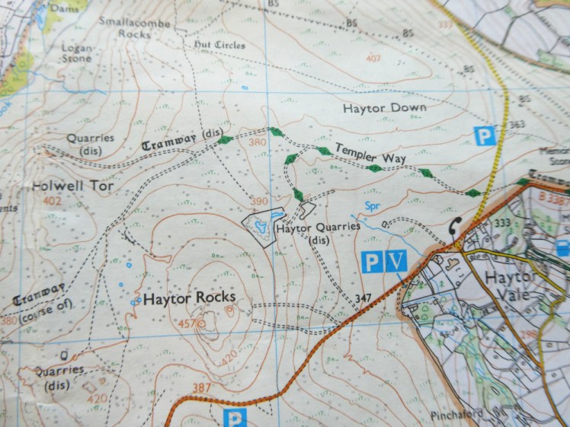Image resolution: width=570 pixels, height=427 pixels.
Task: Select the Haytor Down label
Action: [x=384, y=108]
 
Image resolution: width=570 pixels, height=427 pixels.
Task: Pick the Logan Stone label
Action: [x=76, y=53]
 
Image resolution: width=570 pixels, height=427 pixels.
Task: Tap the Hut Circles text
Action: [x=219, y=46]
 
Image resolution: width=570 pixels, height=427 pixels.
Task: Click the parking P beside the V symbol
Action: [x=371, y=262]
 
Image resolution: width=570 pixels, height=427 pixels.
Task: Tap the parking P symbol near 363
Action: [x=485, y=136]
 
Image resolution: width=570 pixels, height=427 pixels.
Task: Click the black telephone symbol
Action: [x=456, y=226]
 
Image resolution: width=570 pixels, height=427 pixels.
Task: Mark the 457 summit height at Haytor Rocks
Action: [x=187, y=324]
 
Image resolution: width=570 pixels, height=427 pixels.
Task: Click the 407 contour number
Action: [x=373, y=59]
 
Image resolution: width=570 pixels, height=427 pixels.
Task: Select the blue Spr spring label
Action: [x=372, y=206]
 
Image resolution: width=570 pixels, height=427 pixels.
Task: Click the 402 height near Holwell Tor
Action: [x=52, y=201]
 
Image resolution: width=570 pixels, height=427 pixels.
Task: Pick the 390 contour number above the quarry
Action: [x=260, y=201]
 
